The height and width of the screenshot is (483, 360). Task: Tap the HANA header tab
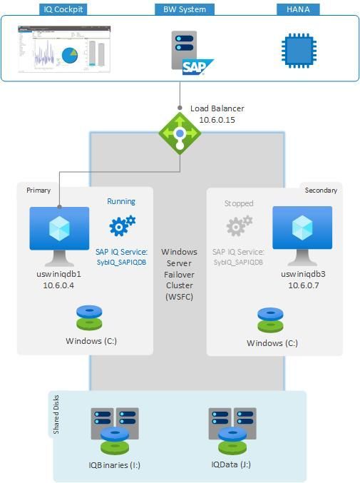[x=298, y=9]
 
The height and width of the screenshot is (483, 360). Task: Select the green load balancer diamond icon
[x=180, y=133]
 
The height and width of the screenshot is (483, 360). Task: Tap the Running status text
[x=121, y=202]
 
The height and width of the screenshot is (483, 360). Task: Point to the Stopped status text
[x=239, y=203]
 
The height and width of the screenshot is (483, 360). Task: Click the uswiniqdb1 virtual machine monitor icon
[x=59, y=230]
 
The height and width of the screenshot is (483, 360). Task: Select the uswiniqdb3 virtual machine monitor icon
[x=302, y=230]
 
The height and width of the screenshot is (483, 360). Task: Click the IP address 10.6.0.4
[x=59, y=285]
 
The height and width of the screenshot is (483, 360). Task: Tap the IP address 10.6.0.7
[x=303, y=285]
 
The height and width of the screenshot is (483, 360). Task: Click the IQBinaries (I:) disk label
[x=115, y=465]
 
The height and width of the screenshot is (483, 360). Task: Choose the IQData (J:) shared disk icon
[x=231, y=432]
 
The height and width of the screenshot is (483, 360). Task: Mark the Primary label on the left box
[x=38, y=190]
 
